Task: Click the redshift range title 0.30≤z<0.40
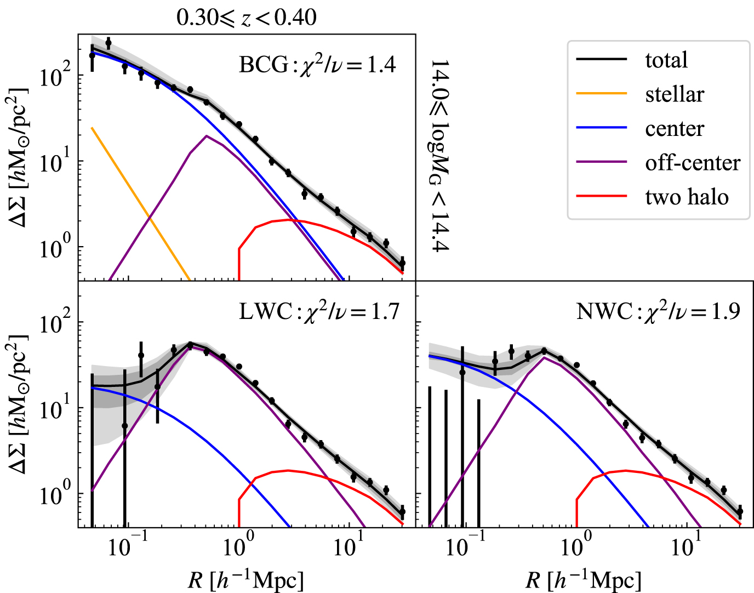click(246, 18)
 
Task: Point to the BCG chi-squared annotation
click(317, 65)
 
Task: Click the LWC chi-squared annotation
click(319, 311)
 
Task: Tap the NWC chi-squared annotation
click(658, 311)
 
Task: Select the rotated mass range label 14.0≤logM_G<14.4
click(439, 156)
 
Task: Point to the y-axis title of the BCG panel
click(18, 158)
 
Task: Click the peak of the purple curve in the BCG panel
click(206, 136)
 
